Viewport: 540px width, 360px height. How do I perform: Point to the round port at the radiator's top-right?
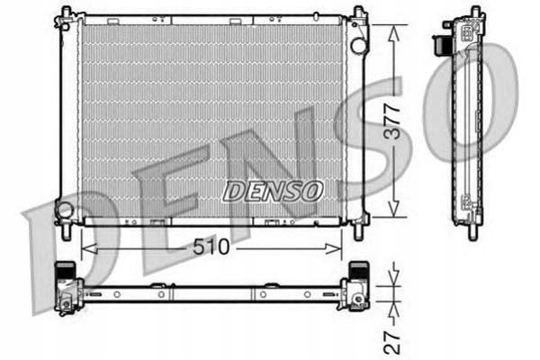(x=358, y=44)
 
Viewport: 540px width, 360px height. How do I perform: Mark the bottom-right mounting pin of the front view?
(x=358, y=230)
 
